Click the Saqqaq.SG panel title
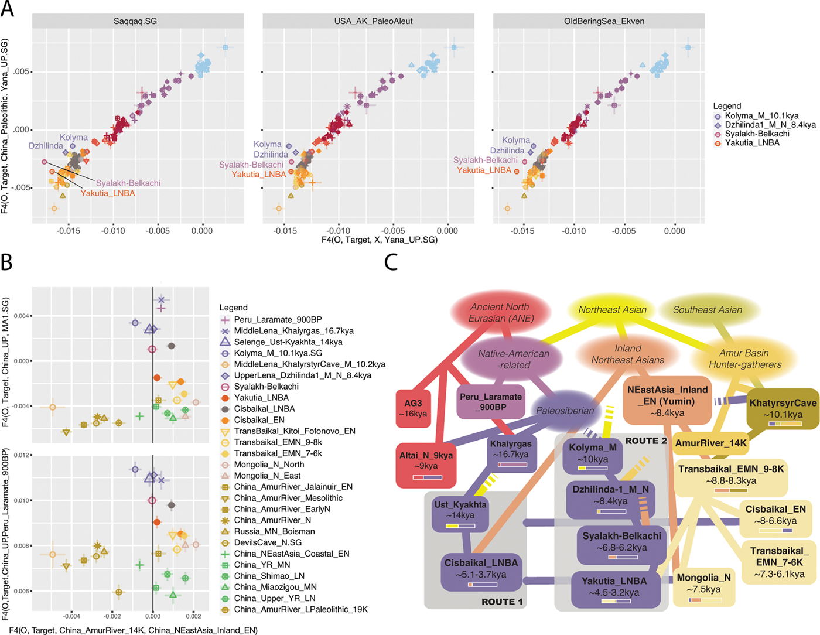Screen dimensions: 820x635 135,21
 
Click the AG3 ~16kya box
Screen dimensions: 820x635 413,409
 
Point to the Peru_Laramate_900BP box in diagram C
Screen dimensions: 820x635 491,402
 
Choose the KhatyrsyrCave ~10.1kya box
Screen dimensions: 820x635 783,409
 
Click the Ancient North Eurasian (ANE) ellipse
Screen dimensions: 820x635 500,313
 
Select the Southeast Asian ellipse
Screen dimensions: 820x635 708,310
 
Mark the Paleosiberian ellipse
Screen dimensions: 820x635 565,411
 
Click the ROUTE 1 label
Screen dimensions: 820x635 502,602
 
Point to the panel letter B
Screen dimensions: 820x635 6,261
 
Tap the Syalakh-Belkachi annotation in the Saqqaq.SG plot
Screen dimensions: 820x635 128,183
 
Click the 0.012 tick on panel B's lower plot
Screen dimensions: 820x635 22,455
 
